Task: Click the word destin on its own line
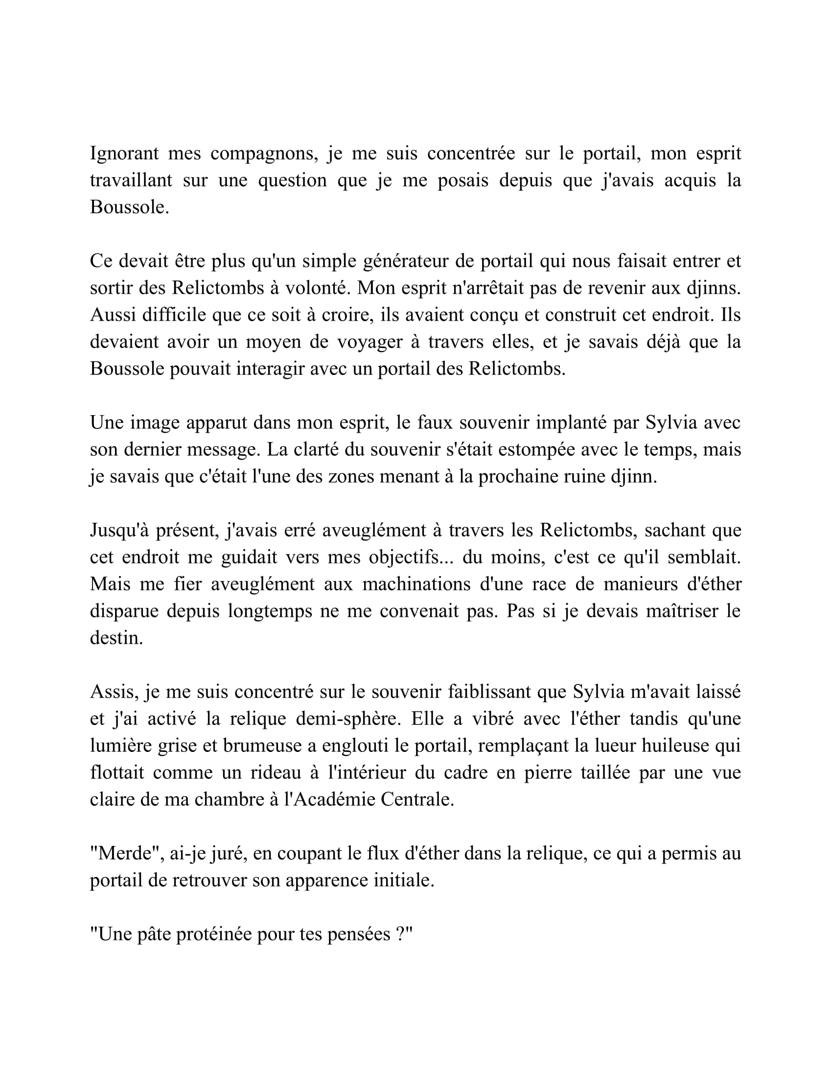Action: pos(116,638)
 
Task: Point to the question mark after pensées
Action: pos(400,934)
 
